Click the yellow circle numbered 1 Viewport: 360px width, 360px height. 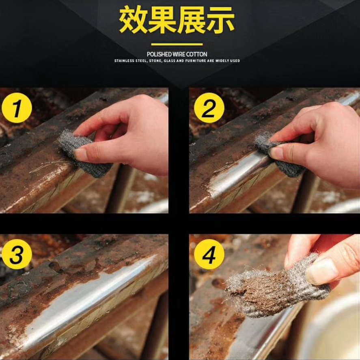17,108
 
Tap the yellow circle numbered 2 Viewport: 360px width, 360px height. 209,108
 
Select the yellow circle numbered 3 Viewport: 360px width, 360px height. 17,254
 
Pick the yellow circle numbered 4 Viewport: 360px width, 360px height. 209,254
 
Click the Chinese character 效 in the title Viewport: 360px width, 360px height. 133,20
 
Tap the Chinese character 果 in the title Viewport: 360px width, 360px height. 163,20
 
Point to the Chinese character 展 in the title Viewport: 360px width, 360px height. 192,20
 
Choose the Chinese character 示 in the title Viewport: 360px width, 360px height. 221,20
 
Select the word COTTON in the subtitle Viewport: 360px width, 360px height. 196,54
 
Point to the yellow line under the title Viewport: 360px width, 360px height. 177,44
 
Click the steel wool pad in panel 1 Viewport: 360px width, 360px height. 84,153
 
